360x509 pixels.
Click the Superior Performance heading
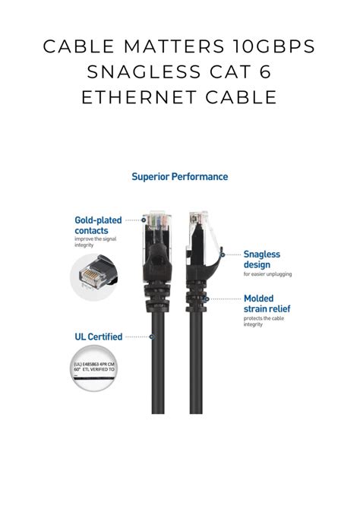click(179, 176)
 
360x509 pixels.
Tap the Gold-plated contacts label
click(98, 225)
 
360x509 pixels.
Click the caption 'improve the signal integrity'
click(94, 242)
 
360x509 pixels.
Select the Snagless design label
click(262, 259)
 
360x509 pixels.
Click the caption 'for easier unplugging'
click(267, 274)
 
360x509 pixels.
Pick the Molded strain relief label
click(267, 304)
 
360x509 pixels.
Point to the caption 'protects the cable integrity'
click(264, 321)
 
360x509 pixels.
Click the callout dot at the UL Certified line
click(153, 336)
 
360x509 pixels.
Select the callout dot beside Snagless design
click(222, 255)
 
